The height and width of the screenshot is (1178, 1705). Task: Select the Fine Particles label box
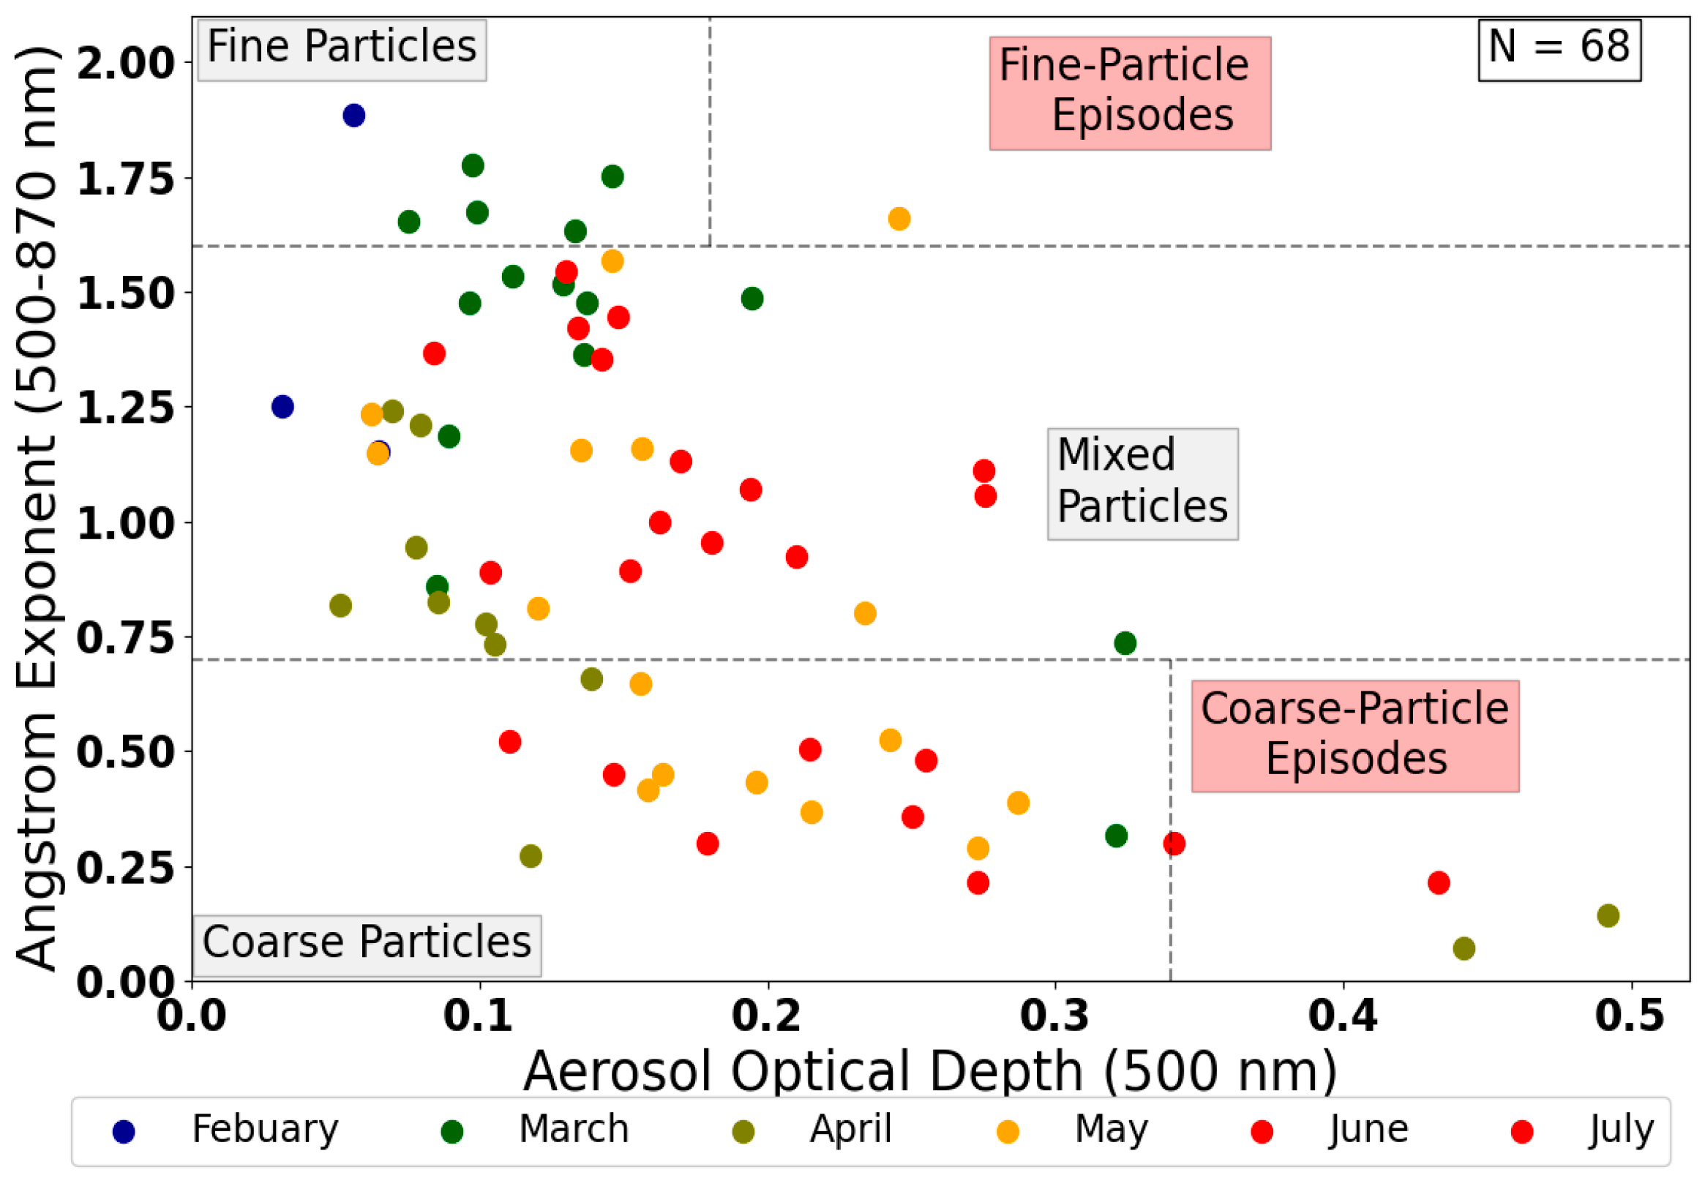[x=342, y=49]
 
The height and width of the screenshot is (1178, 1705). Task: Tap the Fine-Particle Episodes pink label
[x=1129, y=92]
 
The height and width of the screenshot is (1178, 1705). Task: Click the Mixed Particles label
[x=1142, y=484]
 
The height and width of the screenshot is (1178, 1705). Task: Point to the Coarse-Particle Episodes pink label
[x=1354, y=736]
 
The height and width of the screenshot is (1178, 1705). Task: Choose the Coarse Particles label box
[x=367, y=945]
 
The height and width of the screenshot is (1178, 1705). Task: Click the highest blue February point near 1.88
[x=353, y=116]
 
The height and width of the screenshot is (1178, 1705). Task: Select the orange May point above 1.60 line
[x=899, y=220]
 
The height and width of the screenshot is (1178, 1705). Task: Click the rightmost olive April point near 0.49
[x=1608, y=916]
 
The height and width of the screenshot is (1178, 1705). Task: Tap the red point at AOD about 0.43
[x=1438, y=882]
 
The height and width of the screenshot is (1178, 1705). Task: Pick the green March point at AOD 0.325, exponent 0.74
[x=1124, y=643]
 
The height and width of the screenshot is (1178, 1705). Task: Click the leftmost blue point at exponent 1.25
[x=282, y=407]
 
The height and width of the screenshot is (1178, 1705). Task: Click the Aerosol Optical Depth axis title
[x=929, y=1072]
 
